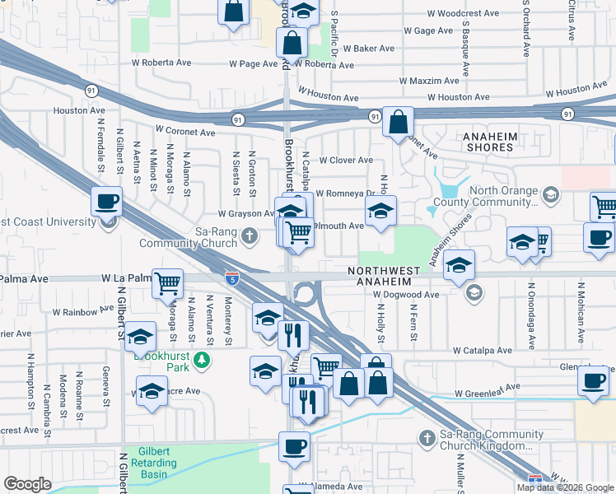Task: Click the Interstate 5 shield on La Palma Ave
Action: [232, 279]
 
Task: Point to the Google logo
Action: [28, 484]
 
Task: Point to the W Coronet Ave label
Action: [186, 132]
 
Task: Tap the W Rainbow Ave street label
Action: [83, 312]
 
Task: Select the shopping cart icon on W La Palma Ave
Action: [168, 282]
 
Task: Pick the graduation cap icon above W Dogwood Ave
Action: [459, 264]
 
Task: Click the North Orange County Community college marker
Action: [551, 195]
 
